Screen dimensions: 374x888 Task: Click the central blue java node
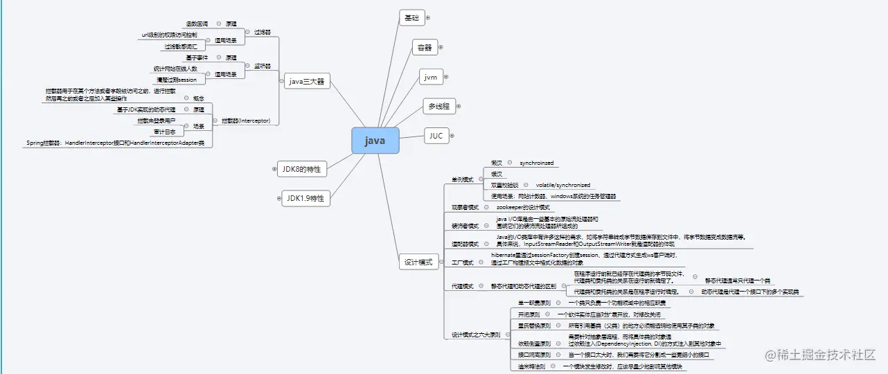tap(375, 141)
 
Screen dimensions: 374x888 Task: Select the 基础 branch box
tap(411, 18)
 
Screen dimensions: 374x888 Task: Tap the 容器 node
tap(424, 48)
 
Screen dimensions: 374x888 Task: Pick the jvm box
tap(431, 77)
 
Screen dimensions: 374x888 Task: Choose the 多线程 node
tap(439, 106)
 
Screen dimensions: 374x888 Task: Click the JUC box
tap(436, 136)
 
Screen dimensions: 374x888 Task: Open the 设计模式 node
tap(418, 262)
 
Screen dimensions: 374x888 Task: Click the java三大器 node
tap(307, 81)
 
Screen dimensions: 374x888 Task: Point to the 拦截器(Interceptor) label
tap(246, 121)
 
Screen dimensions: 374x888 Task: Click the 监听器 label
tap(262, 66)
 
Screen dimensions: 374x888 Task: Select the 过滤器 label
tap(262, 32)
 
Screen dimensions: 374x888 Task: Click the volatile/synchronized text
tap(563, 185)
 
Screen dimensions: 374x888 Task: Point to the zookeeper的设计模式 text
tap(523, 207)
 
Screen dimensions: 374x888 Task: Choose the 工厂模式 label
tap(462, 263)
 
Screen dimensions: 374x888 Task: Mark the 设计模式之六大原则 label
tap(476, 335)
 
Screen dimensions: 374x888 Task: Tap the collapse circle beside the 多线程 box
tap(458, 106)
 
